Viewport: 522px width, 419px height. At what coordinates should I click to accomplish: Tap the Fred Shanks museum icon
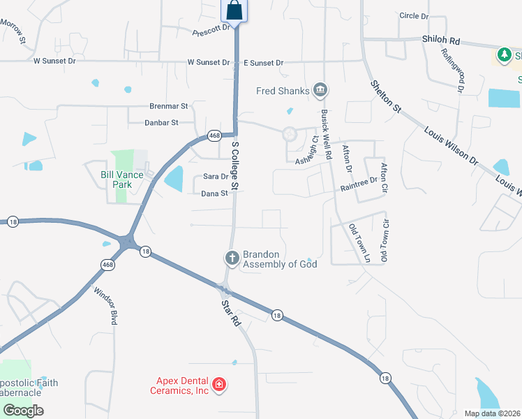(320, 89)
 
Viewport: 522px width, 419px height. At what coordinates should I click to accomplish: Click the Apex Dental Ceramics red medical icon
(218, 385)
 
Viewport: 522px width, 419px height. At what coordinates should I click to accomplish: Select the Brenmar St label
(170, 106)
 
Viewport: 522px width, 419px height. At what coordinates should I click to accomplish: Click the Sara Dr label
(216, 177)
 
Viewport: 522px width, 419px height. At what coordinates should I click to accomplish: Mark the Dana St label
(215, 193)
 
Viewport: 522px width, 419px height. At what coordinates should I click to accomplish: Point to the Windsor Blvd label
(113, 308)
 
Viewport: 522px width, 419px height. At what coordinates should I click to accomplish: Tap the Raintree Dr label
(359, 184)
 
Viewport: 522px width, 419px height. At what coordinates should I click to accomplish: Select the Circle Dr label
(414, 16)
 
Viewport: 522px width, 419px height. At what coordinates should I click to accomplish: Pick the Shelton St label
(387, 96)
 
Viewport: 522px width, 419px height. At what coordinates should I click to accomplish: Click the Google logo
(23, 411)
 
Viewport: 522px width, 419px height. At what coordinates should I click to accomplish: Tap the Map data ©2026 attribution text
(492, 413)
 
